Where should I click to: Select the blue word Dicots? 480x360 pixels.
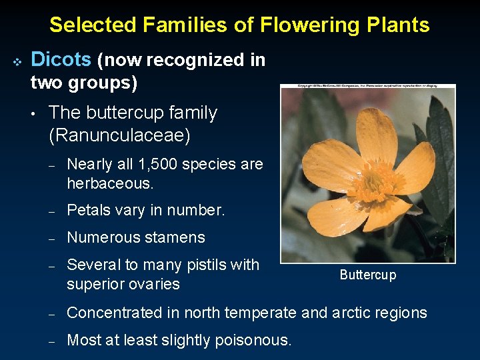(61, 60)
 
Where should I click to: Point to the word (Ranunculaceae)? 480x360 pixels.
(119, 136)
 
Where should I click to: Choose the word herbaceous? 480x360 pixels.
(110, 183)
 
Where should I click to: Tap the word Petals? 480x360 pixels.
(89, 211)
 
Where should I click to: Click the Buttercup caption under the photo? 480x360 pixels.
(367, 275)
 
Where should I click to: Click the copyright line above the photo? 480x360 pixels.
(367, 87)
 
